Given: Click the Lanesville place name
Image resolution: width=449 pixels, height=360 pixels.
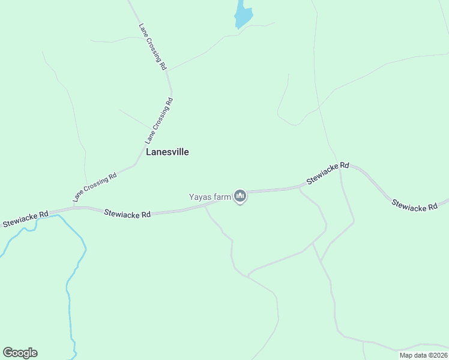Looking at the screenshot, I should pos(167,152).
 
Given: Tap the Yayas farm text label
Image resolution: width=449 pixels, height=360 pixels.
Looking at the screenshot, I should pos(210,196).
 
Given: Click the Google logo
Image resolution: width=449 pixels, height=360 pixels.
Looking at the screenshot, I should pos(20,353).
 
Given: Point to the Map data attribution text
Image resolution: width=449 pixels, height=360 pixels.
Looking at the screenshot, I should pos(423,355).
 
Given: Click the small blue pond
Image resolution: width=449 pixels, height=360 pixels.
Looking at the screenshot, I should pos(243,15).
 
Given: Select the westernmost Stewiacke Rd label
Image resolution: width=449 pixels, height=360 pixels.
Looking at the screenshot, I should pos(25,218).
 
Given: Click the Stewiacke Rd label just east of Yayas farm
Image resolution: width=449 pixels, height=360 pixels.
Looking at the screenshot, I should pos(327,173).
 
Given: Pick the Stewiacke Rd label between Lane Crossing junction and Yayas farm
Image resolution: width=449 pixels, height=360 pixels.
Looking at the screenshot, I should pos(127,213).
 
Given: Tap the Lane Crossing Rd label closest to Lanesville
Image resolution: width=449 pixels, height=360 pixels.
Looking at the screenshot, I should pos(159,121).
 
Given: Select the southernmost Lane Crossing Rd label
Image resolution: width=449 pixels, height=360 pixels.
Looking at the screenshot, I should pos(94,187).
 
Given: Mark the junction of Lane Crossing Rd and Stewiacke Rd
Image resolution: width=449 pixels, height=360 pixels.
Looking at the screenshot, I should pos(73,208).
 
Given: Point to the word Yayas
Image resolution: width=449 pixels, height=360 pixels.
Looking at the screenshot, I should pos(200,196).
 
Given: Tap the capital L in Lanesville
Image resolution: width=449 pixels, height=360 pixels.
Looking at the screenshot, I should pos(149,152).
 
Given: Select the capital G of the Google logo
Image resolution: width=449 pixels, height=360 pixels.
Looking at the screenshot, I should pos(8,353).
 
